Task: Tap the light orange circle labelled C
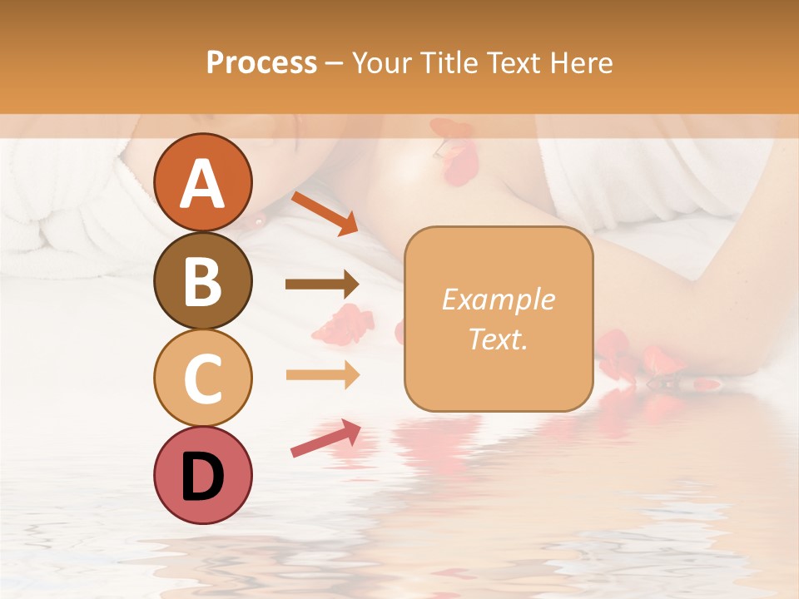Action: tap(202, 378)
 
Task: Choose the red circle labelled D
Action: tap(202, 475)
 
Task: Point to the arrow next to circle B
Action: tap(322, 285)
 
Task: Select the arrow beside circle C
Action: tap(322, 375)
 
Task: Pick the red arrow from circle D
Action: tap(325, 438)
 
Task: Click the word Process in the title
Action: tap(261, 62)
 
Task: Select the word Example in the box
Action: tap(499, 299)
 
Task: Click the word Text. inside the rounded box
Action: tap(499, 339)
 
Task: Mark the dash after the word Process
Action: tap(334, 63)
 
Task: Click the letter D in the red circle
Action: tap(202, 477)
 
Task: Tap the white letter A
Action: tap(202, 183)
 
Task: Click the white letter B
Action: tap(202, 281)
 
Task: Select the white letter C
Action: tap(202, 379)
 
